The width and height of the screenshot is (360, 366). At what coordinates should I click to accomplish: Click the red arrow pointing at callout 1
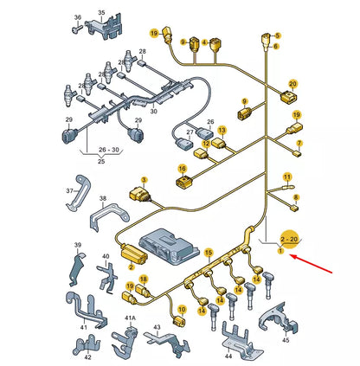click(x=311, y=264)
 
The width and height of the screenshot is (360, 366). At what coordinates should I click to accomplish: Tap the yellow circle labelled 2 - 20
click(x=289, y=239)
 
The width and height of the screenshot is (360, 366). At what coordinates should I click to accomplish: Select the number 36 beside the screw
click(x=78, y=17)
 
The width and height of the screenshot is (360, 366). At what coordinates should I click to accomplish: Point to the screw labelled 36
click(x=76, y=29)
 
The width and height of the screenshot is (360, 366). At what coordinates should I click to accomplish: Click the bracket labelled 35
click(x=105, y=28)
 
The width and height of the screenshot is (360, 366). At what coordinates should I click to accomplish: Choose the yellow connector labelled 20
click(x=288, y=98)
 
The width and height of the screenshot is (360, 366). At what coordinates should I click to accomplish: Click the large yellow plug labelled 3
click(x=139, y=195)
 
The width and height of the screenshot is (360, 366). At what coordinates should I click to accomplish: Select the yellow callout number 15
click(x=209, y=254)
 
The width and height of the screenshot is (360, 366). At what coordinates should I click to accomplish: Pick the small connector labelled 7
click(x=298, y=154)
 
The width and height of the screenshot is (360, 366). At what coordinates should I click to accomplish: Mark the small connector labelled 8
click(x=294, y=208)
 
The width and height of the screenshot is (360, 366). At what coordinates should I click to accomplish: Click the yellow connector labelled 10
click(x=179, y=321)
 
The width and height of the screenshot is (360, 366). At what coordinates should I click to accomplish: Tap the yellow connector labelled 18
click(x=143, y=289)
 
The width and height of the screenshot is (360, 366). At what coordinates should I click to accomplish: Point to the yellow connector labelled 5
click(x=266, y=39)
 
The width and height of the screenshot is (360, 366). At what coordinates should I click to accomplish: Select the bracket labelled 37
click(x=77, y=193)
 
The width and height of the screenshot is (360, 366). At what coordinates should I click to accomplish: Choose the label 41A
click(x=130, y=318)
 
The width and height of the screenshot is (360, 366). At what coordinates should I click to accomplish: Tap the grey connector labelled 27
click(x=183, y=143)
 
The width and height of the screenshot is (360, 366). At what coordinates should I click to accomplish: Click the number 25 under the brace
click(x=101, y=161)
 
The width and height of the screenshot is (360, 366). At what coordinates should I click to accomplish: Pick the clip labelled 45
click(x=280, y=318)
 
